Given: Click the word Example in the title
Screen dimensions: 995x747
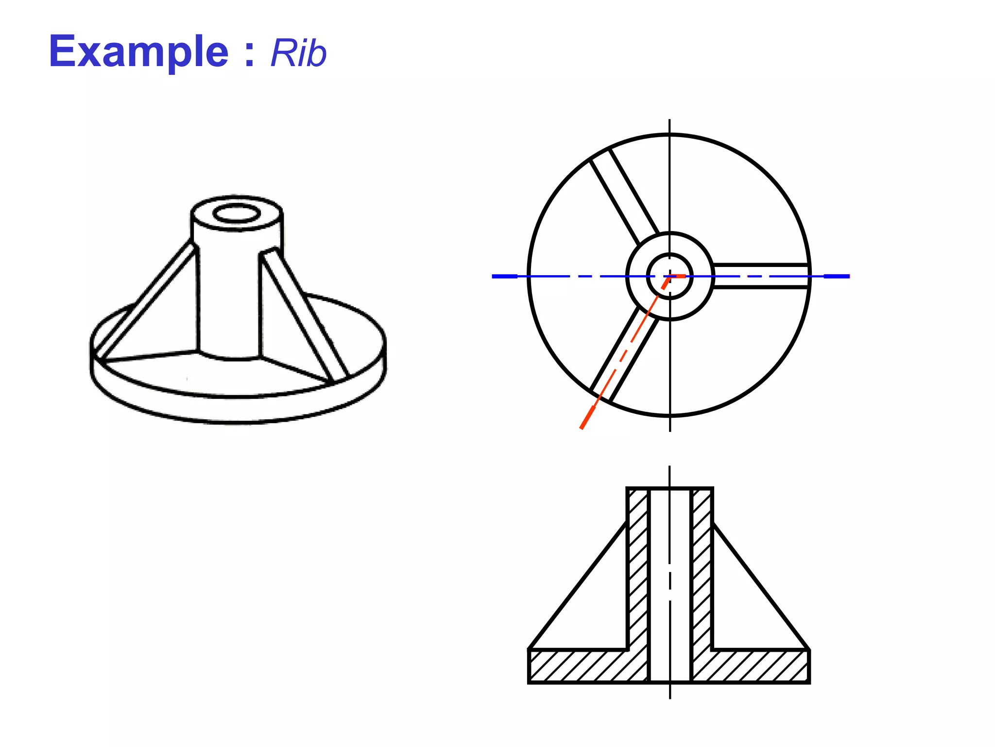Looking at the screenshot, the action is (138, 52).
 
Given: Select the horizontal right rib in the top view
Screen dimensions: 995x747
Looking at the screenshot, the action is (760, 276).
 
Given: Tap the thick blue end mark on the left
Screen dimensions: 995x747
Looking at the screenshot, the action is (504, 276).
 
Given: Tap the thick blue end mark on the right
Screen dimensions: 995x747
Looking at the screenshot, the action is (837, 276).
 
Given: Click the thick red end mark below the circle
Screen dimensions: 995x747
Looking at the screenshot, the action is (587, 418).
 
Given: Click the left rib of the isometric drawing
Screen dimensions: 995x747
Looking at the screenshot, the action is (146, 299).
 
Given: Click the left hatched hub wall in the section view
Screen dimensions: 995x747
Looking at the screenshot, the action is (638, 569).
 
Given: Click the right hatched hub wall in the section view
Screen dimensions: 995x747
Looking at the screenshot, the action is (702, 569).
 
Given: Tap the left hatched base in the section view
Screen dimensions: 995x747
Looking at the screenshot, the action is (588, 666).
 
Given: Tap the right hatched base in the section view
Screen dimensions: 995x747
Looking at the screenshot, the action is (751, 666).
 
